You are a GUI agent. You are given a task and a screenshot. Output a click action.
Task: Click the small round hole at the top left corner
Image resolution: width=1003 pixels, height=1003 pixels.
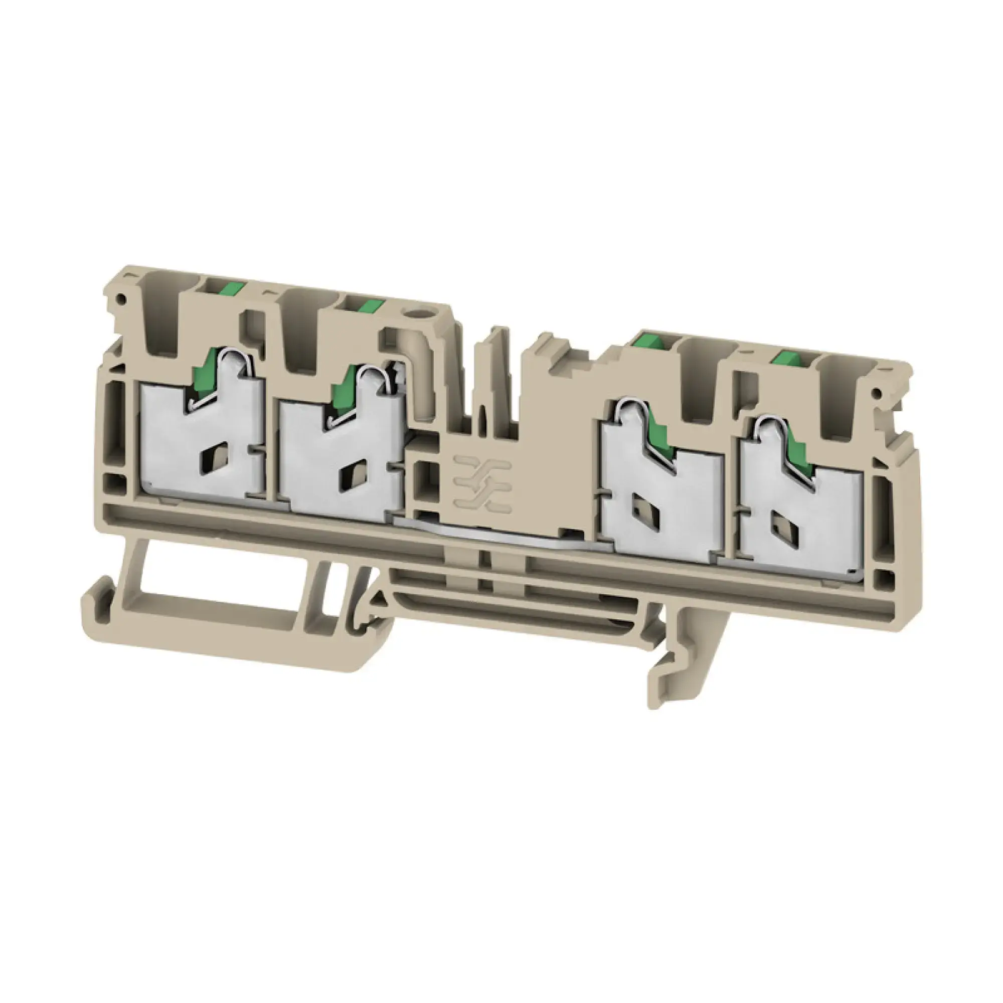[x=121, y=298]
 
